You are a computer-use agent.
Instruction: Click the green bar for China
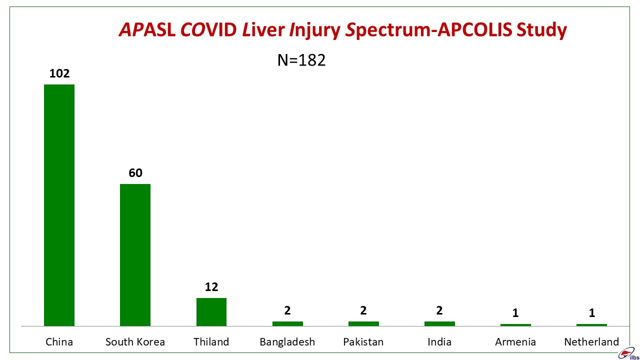[x=59, y=205]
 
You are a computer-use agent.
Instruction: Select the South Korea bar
[x=135, y=255]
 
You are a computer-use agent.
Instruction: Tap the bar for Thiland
[x=211, y=312]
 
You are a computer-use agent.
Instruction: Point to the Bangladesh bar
[x=287, y=323]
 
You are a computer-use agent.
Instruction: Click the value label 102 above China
[x=59, y=73]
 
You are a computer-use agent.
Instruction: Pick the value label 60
[x=135, y=173]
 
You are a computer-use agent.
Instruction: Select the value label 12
[x=211, y=287]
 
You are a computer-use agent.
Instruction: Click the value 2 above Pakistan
[x=363, y=310]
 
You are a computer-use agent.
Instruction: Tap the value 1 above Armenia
[x=515, y=313]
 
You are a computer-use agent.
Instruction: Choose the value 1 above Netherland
[x=591, y=313]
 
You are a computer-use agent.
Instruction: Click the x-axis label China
[x=59, y=341]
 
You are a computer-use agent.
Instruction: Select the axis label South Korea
[x=135, y=341]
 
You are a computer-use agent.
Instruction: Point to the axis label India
[x=439, y=341]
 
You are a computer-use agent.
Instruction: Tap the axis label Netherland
[x=591, y=341]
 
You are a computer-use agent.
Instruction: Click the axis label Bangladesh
[x=287, y=342]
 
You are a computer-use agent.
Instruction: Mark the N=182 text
[x=301, y=60]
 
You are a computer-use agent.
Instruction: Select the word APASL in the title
[x=147, y=29]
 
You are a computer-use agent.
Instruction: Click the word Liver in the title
[x=263, y=29]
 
